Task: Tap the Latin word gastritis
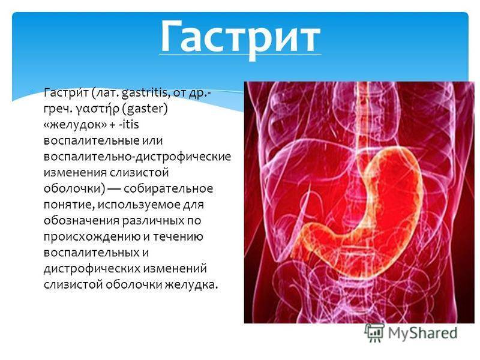[146, 92]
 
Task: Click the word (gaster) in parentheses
[146, 109]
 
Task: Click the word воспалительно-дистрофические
[137, 157]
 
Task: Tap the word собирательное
[169, 188]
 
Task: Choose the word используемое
[139, 205]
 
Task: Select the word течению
[178, 237]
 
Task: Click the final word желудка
[191, 284]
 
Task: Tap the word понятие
[68, 205]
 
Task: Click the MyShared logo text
[423, 333]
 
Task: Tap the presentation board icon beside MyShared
[374, 332]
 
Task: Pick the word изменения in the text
[76, 173]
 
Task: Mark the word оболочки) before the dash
[74, 188]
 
